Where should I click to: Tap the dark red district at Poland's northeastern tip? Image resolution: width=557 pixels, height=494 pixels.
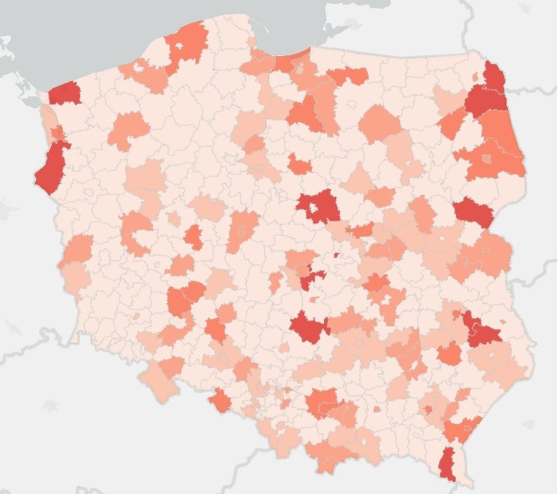coord(494,76)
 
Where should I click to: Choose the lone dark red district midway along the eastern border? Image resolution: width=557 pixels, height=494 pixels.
coord(473,212)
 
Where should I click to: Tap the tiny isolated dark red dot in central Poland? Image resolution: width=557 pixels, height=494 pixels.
coord(336,255)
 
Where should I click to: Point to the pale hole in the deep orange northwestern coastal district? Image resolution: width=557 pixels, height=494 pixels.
coord(179,46)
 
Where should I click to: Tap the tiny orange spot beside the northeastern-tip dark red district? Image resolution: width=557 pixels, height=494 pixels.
coord(475,77)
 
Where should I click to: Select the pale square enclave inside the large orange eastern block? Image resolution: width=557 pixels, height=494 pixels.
coord(487,158)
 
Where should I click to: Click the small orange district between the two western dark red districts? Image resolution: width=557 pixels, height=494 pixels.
coord(57,133)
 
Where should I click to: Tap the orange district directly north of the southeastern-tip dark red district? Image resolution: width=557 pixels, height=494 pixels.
coord(462,428)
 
